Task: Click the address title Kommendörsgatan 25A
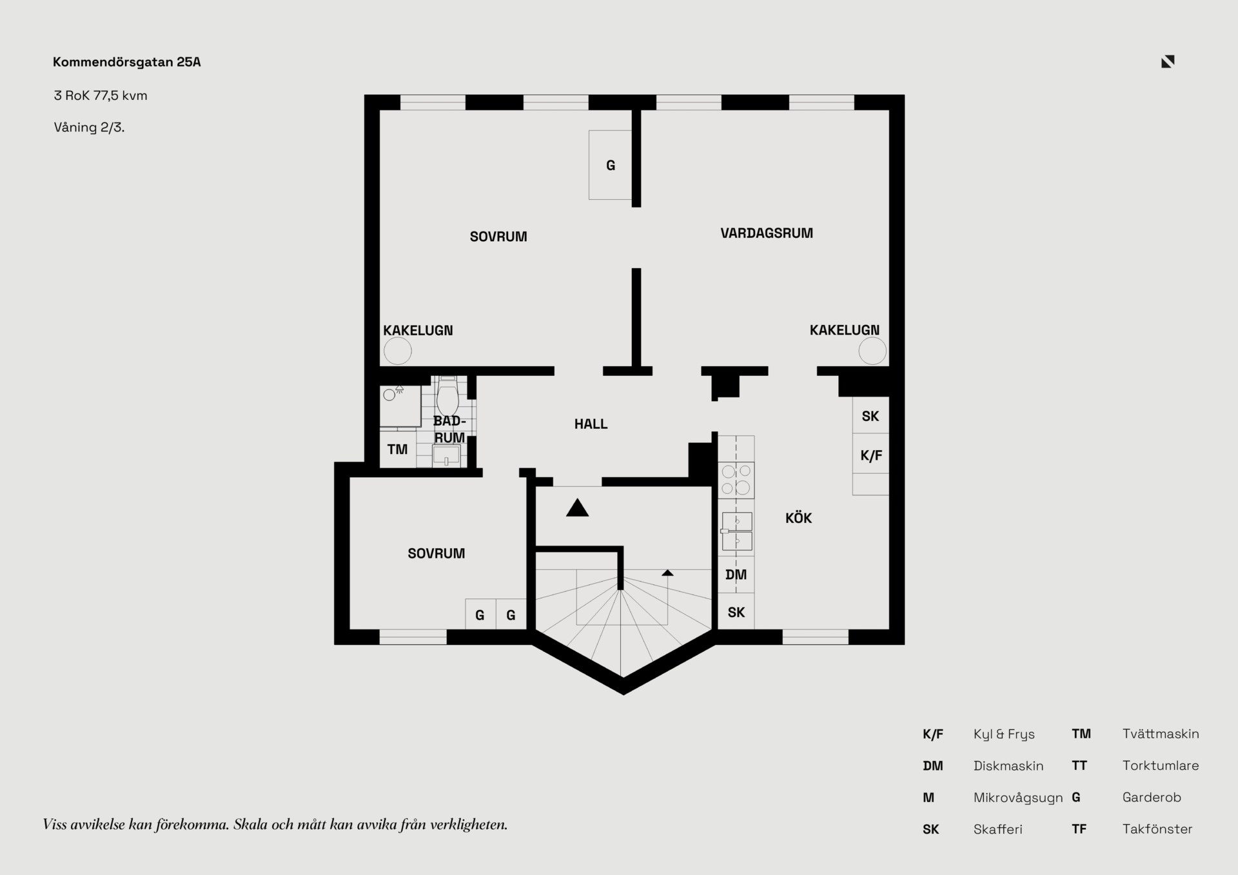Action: point(126,62)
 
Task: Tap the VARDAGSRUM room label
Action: point(767,233)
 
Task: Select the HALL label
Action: point(591,424)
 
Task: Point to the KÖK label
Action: point(798,518)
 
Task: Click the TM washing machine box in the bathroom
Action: point(398,449)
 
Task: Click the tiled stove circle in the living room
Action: point(872,351)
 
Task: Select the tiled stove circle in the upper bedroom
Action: point(398,351)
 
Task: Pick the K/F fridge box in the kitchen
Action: point(870,455)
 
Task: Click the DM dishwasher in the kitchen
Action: point(736,575)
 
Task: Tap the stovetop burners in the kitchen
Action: point(736,480)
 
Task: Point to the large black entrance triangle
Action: point(577,508)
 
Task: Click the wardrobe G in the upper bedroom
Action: point(610,165)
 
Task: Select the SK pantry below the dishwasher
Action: point(736,612)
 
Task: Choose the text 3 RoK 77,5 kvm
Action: point(101,95)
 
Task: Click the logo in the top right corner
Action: point(1168,61)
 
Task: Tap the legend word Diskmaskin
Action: point(1008,766)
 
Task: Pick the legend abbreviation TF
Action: point(1079,829)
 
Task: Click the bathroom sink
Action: point(446,455)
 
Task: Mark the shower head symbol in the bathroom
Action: point(399,389)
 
